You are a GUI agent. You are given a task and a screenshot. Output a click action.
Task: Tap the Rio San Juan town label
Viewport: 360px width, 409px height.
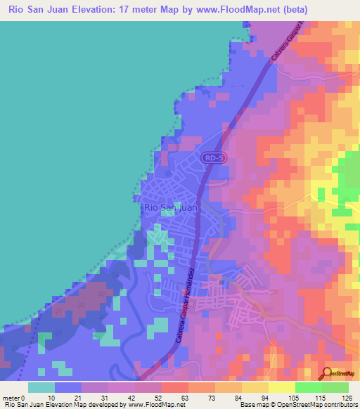click(170, 208)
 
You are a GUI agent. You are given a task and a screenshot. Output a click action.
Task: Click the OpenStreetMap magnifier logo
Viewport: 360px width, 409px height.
click(328, 373)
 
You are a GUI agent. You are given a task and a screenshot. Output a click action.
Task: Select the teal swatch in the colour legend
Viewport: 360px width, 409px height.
click(41, 388)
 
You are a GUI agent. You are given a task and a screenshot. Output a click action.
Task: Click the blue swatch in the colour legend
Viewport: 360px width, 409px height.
click(67, 388)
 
